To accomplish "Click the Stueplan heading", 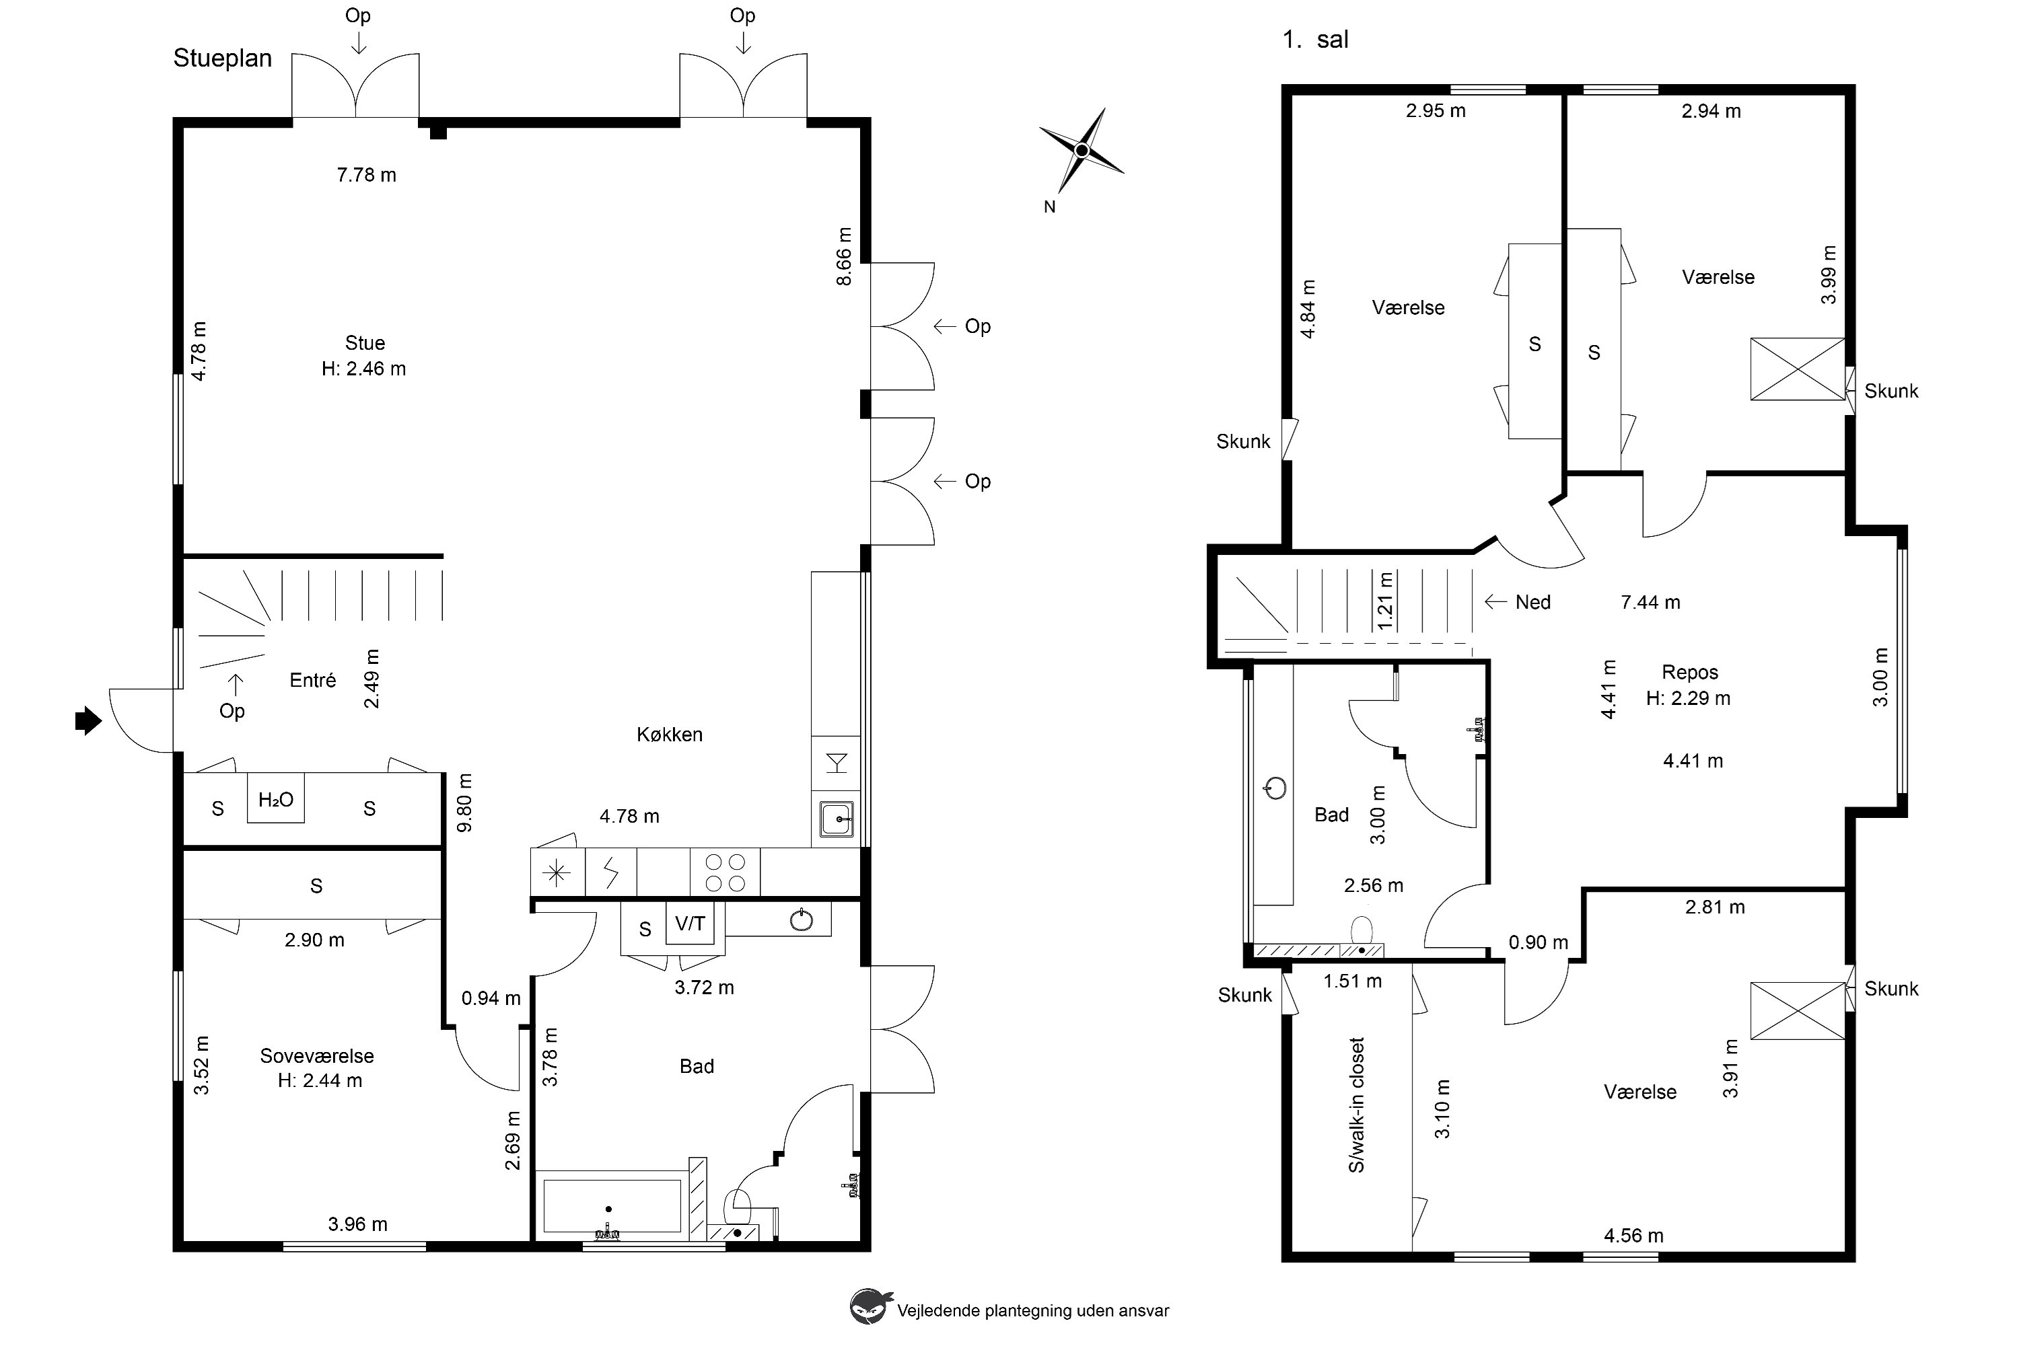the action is tap(222, 59).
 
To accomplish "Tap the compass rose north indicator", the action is tap(1082, 151).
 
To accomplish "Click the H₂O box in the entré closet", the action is tap(276, 798).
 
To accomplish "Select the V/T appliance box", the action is tap(690, 923).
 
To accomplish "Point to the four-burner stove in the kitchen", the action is tap(725, 872).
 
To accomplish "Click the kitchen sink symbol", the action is tap(836, 819).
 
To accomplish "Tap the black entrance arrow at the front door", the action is tap(88, 721).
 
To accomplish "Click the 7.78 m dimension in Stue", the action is tap(367, 175).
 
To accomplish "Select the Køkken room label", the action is tap(670, 735).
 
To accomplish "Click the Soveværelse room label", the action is tap(317, 1056).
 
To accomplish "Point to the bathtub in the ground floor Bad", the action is tap(612, 1206).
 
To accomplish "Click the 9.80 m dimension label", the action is tap(464, 802).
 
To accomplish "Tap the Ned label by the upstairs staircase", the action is tap(1533, 603).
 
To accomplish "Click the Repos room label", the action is tap(1690, 672).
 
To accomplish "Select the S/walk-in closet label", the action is tap(1357, 1105).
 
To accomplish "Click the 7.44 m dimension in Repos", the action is tap(1651, 603).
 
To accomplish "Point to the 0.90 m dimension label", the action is tap(1539, 942).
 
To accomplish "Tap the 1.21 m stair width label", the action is tap(1385, 601).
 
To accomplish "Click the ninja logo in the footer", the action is tap(869, 1306).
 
